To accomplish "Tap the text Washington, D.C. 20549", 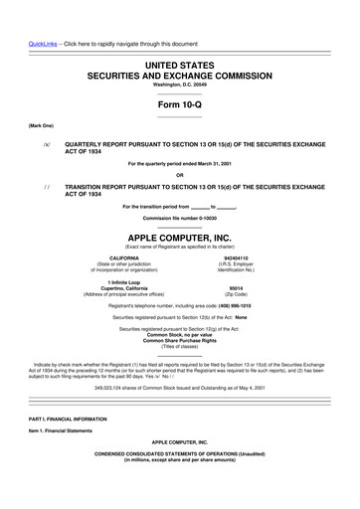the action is pyautogui.click(x=179, y=85).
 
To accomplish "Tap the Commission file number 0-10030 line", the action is pyautogui.click(x=179, y=217).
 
